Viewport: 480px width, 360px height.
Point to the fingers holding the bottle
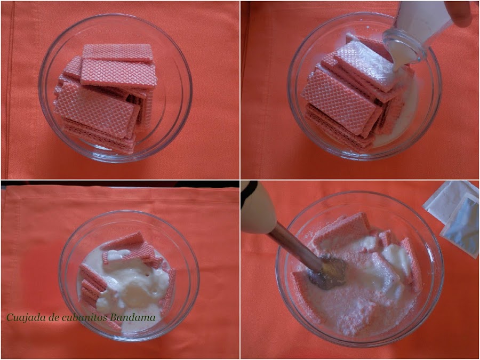point(460,13)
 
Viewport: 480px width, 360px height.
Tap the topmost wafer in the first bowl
point(117,52)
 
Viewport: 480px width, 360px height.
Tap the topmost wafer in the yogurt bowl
point(123,241)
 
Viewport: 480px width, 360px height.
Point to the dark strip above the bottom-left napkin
point(120,183)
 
